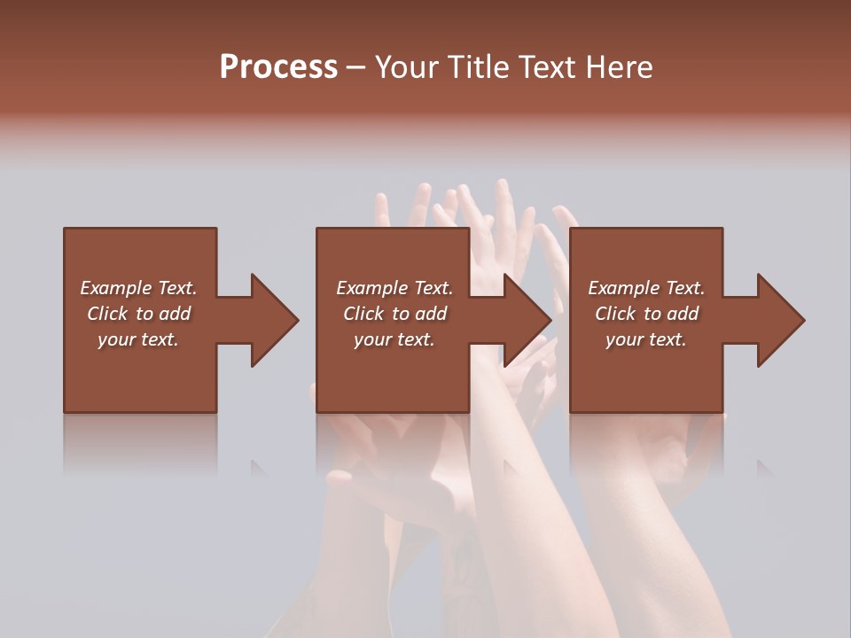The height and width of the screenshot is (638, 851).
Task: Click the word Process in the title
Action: (x=278, y=67)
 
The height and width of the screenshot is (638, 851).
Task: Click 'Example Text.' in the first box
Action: (x=138, y=288)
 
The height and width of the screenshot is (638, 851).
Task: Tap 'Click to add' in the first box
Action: (x=138, y=314)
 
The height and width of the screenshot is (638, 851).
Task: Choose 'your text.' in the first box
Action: (x=138, y=339)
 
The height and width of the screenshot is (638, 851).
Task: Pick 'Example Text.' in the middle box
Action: (x=394, y=288)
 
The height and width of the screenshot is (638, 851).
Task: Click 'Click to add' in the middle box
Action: (x=394, y=314)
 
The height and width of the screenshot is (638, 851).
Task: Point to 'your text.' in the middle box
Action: (x=394, y=339)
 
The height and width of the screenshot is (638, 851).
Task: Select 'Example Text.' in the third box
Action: (x=646, y=288)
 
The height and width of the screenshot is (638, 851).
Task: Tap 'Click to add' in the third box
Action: (x=646, y=314)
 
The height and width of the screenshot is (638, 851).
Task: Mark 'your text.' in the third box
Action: (x=646, y=339)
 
